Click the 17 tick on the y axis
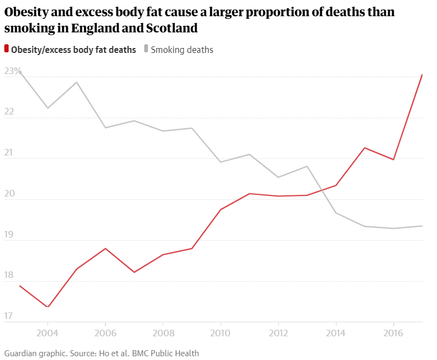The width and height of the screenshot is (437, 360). coord(9,316)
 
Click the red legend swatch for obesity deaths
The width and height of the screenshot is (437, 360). coord(6,50)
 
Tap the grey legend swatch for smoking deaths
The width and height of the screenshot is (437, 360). coord(146,50)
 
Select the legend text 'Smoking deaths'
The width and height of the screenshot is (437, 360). coord(182,50)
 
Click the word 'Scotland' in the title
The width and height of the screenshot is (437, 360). coord(167,27)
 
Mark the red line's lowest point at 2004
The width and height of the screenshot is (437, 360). coord(48,307)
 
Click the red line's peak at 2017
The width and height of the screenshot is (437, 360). coord(422,74)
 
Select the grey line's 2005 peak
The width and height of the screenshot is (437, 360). coord(77,82)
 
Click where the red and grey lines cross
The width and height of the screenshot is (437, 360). coord(322,189)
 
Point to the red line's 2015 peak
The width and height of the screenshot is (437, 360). coord(365,148)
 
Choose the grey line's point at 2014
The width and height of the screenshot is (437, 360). coord(336,213)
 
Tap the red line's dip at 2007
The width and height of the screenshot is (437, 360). coord(135,272)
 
